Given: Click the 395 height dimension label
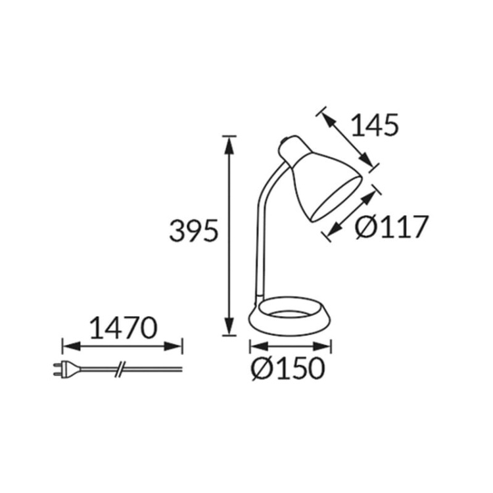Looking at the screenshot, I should [x=193, y=231].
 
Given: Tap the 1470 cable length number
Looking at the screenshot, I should [x=122, y=327].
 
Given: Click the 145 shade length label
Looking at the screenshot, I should [x=375, y=125].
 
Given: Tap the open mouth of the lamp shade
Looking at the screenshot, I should [x=337, y=197].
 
